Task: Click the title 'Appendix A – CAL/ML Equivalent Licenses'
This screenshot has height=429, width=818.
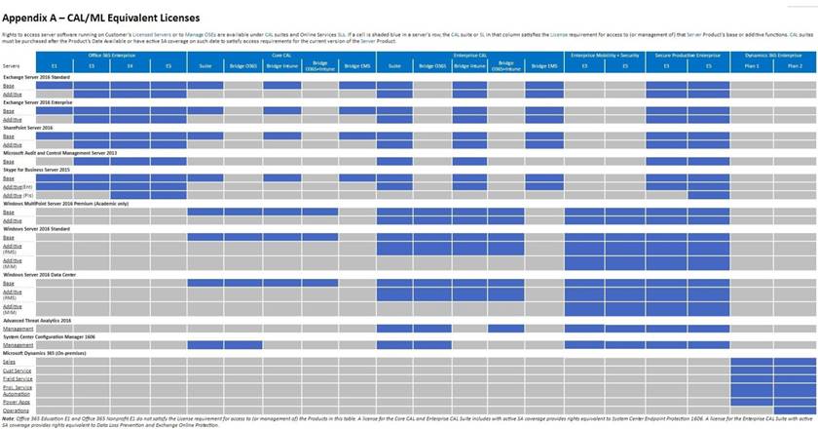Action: tap(102, 18)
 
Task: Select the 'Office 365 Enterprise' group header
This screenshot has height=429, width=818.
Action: tap(111, 56)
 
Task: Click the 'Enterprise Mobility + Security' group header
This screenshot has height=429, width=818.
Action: tap(605, 56)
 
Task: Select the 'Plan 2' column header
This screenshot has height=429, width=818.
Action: tap(795, 65)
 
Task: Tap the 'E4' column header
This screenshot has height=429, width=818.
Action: tap(130, 65)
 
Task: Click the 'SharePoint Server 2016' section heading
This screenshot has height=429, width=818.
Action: tap(28, 128)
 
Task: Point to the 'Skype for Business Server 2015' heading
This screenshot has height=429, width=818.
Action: tap(37, 171)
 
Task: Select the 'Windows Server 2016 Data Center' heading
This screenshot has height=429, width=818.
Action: tap(40, 275)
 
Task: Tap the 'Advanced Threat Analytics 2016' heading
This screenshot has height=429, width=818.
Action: tap(38, 319)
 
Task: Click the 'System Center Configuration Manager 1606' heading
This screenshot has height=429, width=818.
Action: tap(50, 336)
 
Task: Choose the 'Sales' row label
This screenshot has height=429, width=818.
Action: tap(10, 362)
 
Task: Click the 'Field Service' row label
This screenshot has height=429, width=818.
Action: tap(17, 378)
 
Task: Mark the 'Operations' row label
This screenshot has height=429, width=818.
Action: tap(17, 410)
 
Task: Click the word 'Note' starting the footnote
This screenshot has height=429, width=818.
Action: tap(10, 417)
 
